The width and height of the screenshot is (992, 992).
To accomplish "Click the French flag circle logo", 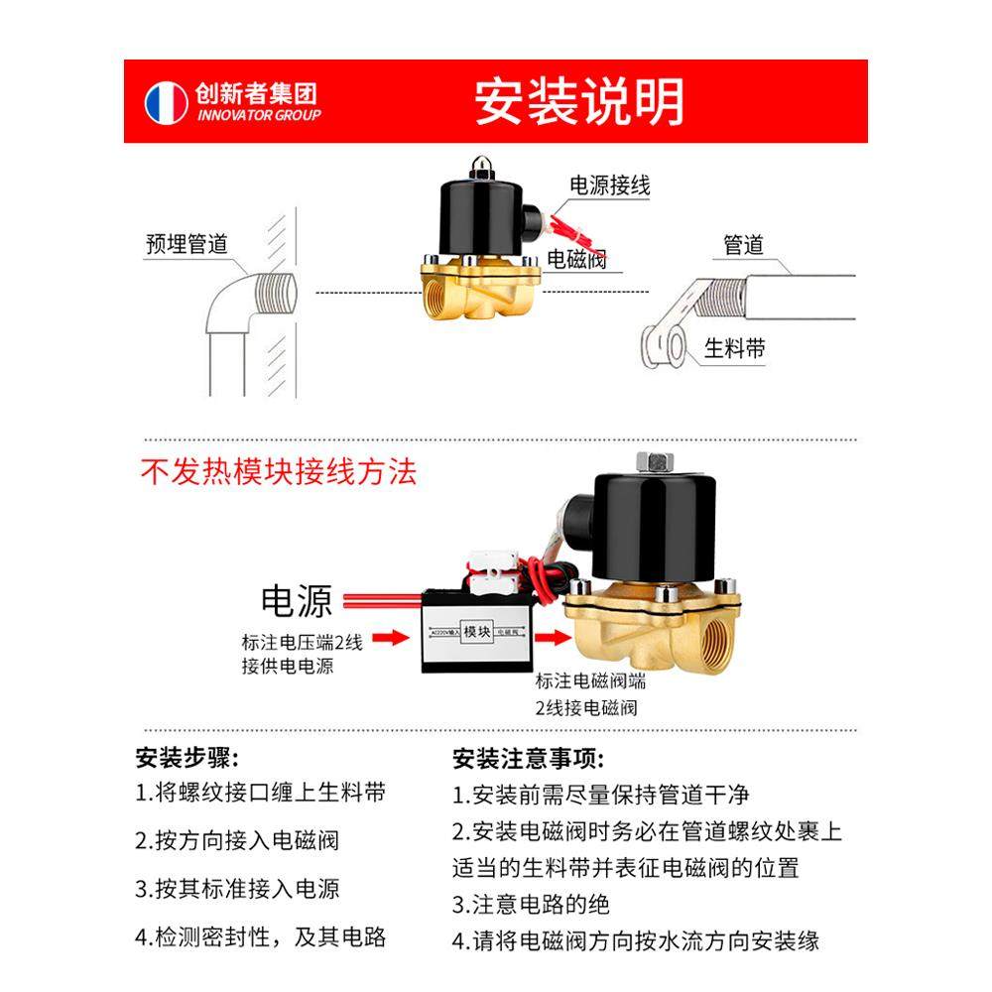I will (167, 102).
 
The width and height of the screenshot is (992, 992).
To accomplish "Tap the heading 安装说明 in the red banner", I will (578, 101).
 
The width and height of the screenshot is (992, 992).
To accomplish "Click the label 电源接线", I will (609, 186).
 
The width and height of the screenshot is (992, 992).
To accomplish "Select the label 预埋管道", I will (186, 244).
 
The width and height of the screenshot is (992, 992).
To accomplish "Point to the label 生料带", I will (734, 348).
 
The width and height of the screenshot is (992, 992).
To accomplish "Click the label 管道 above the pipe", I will (744, 244).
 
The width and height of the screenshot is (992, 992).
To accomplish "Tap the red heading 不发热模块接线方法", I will (279, 471).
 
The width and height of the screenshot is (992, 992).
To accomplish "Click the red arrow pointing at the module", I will (395, 638).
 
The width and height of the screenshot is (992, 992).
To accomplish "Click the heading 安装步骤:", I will (186, 760).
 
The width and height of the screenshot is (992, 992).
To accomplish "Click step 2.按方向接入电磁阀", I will (237, 840).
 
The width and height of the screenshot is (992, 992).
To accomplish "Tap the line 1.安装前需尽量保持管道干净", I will (601, 795).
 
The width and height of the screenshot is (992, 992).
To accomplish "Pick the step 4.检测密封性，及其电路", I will (260, 936).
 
